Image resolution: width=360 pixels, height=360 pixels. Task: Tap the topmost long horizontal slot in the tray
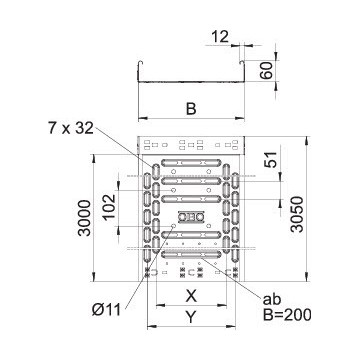(190, 160)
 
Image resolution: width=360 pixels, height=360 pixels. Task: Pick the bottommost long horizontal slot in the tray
(190, 256)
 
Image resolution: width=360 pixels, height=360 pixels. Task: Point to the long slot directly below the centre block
(190, 236)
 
